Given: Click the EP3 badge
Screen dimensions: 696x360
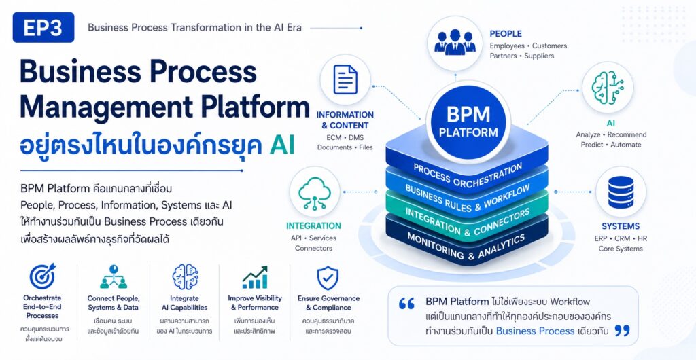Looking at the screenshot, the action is (43, 27).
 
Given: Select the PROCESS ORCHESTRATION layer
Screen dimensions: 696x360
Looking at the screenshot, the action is (468, 174).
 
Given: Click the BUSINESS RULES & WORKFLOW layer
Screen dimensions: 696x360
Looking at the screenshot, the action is (468, 197).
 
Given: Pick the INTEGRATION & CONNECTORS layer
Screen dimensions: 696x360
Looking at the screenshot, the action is (468, 221).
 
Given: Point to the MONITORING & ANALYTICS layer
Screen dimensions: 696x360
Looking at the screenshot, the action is (468, 246).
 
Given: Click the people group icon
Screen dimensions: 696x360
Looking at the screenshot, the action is (455, 43).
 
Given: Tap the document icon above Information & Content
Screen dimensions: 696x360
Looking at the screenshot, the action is (345, 79).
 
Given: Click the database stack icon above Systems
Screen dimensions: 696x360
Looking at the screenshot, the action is (621, 192).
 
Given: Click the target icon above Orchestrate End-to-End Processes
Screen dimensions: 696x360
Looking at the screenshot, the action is (43, 276).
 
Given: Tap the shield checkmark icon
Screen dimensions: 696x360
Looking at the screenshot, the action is (328, 278).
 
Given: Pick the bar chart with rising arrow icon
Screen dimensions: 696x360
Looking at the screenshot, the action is (256, 278).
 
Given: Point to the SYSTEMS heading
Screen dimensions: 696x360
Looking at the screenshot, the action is (621, 226).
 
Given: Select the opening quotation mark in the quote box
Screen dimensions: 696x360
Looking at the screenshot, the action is (406, 303).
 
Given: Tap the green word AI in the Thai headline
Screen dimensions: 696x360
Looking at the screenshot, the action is (282, 146).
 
